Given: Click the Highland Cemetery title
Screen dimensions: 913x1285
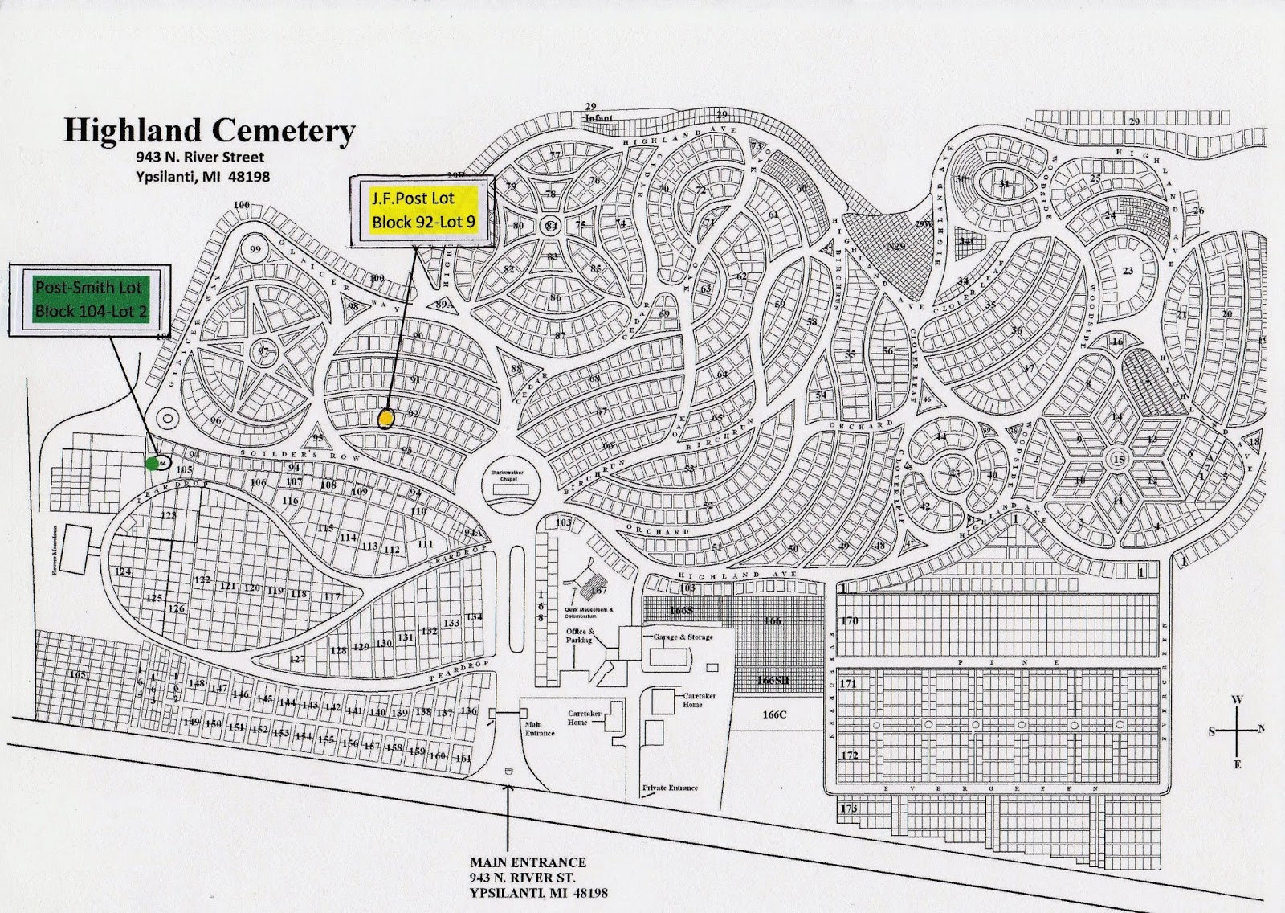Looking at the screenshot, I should tap(209, 129).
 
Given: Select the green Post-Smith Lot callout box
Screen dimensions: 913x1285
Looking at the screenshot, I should tap(88, 298).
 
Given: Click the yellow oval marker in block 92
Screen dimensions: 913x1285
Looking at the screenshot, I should tap(386, 419).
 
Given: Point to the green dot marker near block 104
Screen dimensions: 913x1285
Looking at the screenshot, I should tap(151, 463).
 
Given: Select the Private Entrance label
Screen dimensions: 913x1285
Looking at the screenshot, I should tap(670, 788).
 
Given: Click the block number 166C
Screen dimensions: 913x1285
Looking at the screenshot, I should tap(775, 714).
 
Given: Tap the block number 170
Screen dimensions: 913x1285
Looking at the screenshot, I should tap(849, 620).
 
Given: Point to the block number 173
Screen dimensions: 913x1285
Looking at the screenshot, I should tap(849, 808).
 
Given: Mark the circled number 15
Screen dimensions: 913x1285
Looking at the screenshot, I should tap(1118, 460).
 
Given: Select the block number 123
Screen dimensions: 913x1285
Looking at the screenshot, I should tap(169, 515).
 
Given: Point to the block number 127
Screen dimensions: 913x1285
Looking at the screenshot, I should tap(297, 659).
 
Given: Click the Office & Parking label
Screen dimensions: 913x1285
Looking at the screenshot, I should tap(579, 635).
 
